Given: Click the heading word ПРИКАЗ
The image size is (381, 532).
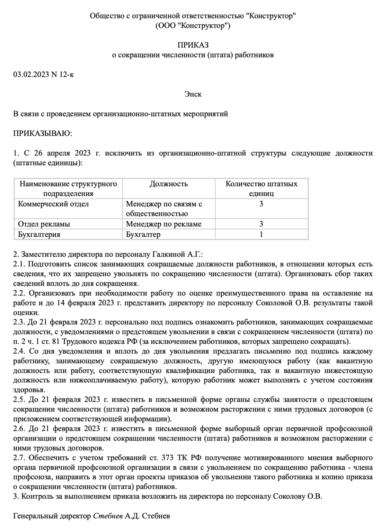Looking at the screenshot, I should [x=193, y=45].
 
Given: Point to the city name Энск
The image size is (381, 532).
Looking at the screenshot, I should [x=193, y=94].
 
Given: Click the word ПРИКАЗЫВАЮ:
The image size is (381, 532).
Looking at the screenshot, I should [x=43, y=133].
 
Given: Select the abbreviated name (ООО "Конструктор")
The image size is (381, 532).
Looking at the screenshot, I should [x=193, y=25].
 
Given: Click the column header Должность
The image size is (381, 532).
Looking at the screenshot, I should [x=169, y=184].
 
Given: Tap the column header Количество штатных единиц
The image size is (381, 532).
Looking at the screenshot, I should [x=262, y=188].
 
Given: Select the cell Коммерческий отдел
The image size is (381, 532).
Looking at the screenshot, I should [x=53, y=204].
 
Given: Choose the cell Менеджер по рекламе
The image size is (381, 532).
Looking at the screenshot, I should [x=163, y=224].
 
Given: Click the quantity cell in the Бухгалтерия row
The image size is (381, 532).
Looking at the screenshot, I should [x=262, y=234].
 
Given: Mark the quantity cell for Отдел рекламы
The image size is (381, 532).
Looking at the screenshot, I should [x=262, y=224].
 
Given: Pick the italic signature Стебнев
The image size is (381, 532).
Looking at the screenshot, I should [x=108, y=516].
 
